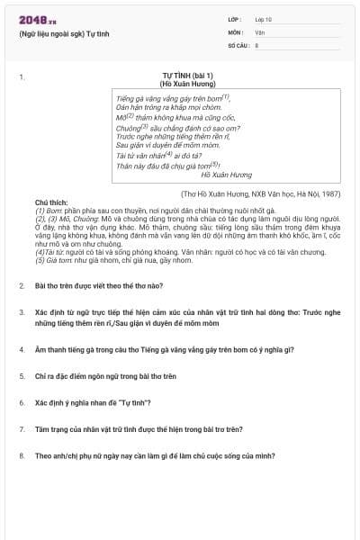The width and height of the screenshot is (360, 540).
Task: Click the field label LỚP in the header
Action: pyautogui.click(x=235, y=19)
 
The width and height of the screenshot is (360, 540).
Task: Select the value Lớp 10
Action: pyautogui.click(x=264, y=19)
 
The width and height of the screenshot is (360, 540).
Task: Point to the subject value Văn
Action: pyautogui.click(x=260, y=31)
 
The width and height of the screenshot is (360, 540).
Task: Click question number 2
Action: pyautogui.click(x=22, y=285)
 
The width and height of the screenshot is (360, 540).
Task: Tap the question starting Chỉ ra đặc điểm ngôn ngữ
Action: pyautogui.click(x=105, y=375)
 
